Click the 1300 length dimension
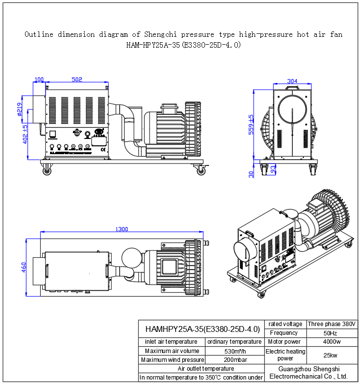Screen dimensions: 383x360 (x=122, y=229)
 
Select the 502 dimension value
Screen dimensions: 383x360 (x=77, y=80)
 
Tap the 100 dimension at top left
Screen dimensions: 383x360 (x=39, y=80)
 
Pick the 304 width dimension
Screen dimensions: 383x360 (x=292, y=81)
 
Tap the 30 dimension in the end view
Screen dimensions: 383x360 (x=251, y=173)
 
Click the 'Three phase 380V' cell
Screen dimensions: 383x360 (x=332, y=324)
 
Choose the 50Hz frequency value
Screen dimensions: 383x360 (x=332, y=333)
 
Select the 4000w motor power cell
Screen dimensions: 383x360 (x=332, y=342)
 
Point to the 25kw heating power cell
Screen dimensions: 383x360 (x=332, y=355)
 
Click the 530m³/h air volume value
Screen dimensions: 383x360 (x=234, y=351)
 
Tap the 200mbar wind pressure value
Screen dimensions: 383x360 (x=234, y=360)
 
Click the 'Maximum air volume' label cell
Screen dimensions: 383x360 (x=172, y=351)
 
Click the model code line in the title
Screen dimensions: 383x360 (x=183, y=45)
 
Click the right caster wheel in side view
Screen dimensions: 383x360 (x=201, y=171)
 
